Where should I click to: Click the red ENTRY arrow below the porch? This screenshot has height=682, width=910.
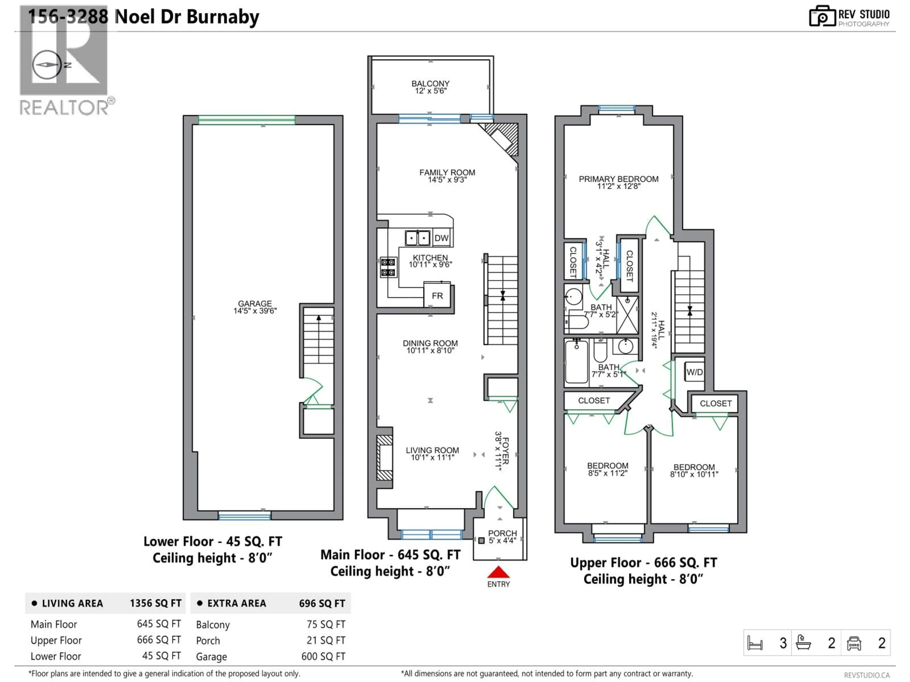[498, 572]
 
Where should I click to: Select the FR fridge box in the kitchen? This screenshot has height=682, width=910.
[437, 296]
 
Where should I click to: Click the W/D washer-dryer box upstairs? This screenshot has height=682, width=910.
[694, 372]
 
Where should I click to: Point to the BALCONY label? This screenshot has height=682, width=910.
[430, 83]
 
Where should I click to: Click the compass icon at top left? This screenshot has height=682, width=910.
[46, 65]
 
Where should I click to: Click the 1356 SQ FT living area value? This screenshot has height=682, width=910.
[155, 603]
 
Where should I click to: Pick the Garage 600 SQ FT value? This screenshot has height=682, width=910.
[323, 656]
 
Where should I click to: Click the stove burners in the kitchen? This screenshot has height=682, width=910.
[388, 267]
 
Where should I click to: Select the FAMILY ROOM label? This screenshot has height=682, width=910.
[447, 173]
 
